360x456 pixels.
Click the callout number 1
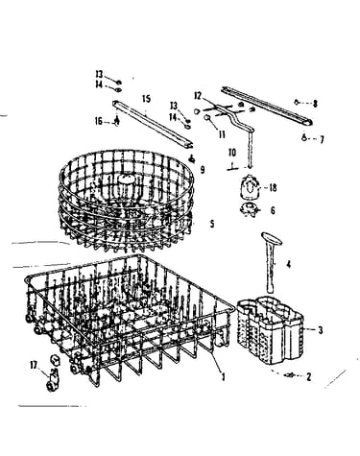click(x=223, y=376)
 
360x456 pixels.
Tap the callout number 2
click(x=308, y=377)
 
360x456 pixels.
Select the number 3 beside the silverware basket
click(x=321, y=330)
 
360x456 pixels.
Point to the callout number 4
click(x=288, y=264)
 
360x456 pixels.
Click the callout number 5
click(x=212, y=224)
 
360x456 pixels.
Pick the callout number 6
click(x=273, y=210)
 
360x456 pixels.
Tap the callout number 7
click(x=322, y=139)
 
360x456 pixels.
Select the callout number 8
click(x=315, y=104)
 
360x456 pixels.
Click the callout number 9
click(x=203, y=169)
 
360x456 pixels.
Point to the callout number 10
click(x=232, y=153)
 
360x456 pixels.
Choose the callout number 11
click(x=222, y=134)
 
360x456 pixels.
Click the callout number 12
click(x=198, y=96)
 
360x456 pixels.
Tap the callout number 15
click(x=146, y=99)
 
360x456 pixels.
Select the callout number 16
click(x=99, y=121)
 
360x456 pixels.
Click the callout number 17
click(x=34, y=365)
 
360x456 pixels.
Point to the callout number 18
click(x=273, y=188)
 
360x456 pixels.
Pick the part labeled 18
click(x=249, y=187)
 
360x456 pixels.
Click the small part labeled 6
click(x=249, y=210)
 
